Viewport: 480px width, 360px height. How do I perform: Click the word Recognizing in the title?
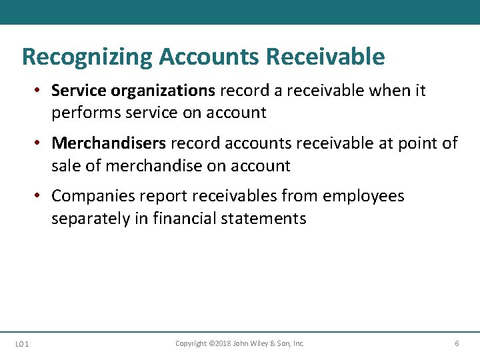click(87, 57)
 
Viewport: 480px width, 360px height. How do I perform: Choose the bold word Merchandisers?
click(109, 143)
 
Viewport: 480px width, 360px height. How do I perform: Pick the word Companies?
click(94, 196)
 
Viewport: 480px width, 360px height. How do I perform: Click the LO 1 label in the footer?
click(21, 344)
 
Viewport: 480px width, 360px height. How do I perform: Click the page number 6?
click(457, 343)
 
